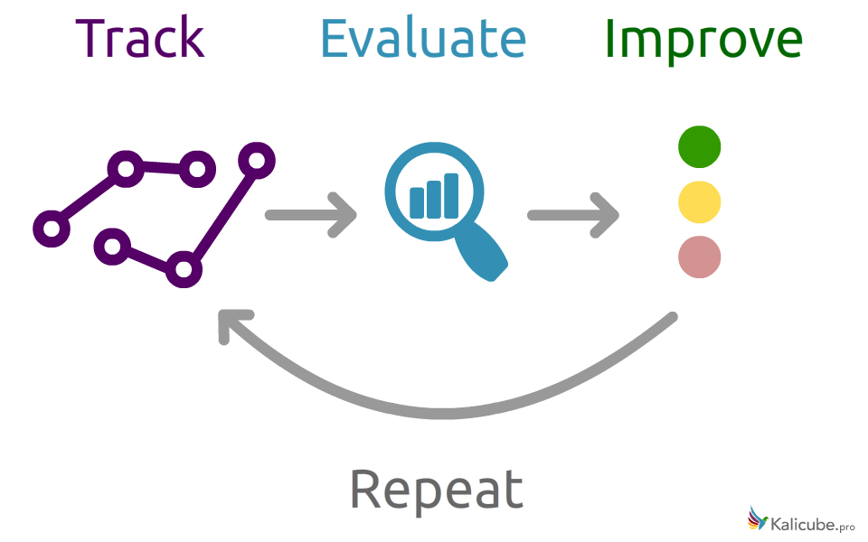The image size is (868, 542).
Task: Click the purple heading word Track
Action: pyautogui.click(x=140, y=39)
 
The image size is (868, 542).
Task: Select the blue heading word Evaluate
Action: pyautogui.click(x=422, y=39)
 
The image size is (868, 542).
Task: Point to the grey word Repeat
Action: pyautogui.click(x=436, y=491)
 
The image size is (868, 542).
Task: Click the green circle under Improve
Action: pyautogui.click(x=699, y=147)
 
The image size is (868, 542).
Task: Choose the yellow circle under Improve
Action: pyautogui.click(x=699, y=202)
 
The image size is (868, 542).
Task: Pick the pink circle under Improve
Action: pyautogui.click(x=699, y=257)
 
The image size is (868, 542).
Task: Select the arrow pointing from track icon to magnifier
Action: pyautogui.click(x=311, y=215)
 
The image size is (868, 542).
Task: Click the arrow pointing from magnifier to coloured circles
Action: pyautogui.click(x=573, y=215)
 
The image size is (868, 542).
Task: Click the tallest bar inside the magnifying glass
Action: pyautogui.click(x=450, y=195)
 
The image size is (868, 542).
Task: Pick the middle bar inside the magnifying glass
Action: pyautogui.click(x=434, y=199)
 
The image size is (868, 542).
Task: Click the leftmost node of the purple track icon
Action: pyautogui.click(x=52, y=229)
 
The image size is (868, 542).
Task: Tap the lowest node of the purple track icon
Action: pyautogui.click(x=184, y=269)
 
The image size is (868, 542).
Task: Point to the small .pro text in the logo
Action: pyautogui.click(x=846, y=526)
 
